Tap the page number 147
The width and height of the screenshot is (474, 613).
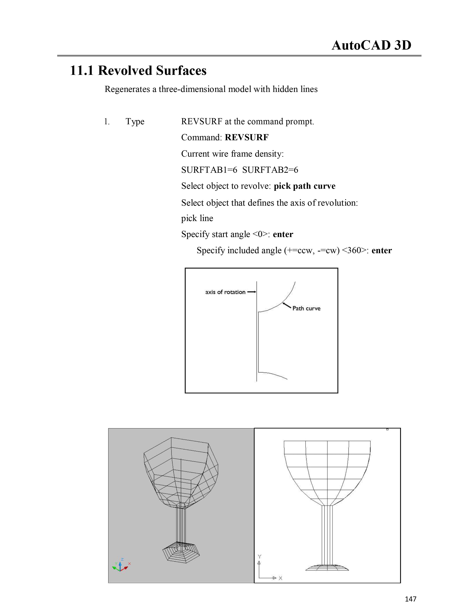pyautogui.click(x=410, y=599)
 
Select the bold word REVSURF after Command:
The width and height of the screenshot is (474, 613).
pyautogui.click(x=246, y=137)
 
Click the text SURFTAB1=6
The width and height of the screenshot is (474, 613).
pyautogui.click(x=209, y=170)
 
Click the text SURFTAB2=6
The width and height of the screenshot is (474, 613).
pyautogui.click(x=270, y=170)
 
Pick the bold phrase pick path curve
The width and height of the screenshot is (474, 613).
pyautogui.click(x=304, y=186)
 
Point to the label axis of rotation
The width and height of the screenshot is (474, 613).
pyautogui.click(x=225, y=292)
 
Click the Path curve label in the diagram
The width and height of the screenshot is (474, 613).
pyautogui.click(x=306, y=309)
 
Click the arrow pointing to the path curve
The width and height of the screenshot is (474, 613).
pyautogui.click(x=287, y=306)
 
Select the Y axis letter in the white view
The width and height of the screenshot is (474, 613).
pyautogui.click(x=259, y=557)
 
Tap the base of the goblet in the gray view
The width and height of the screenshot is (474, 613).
pyautogui.click(x=181, y=553)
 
